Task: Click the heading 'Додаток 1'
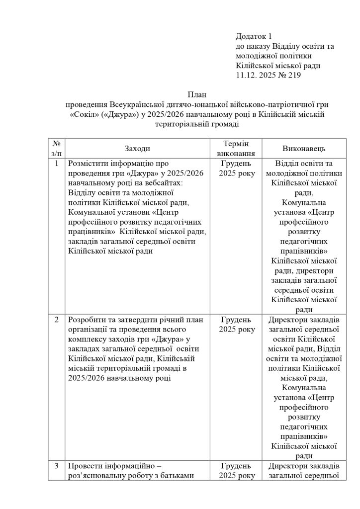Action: (x=254, y=36)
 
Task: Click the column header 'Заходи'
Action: (x=137, y=149)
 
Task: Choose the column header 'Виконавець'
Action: (x=304, y=149)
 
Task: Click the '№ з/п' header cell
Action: (x=57, y=149)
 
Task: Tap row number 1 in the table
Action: (x=57, y=164)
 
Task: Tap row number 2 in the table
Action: (x=57, y=320)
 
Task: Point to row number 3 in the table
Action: (x=57, y=466)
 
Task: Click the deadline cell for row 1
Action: (x=236, y=169)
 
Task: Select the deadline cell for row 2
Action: (x=236, y=325)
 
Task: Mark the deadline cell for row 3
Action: (x=236, y=471)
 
